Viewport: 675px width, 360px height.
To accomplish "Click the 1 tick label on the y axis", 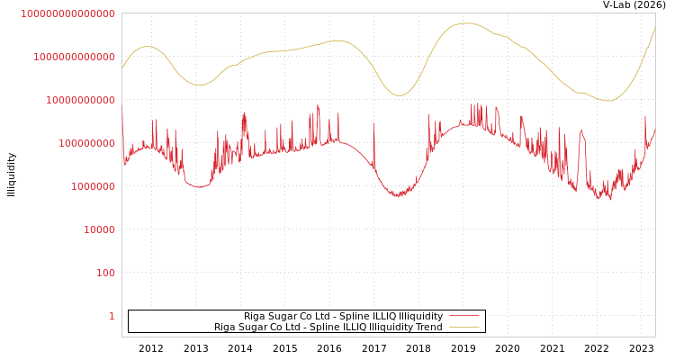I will [112, 316].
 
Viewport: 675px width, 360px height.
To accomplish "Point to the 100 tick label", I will [105, 273].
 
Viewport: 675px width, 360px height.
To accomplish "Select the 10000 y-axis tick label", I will [99, 229].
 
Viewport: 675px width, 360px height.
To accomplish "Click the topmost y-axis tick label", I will [67, 13].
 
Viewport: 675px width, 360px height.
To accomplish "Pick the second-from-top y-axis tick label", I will [74, 57].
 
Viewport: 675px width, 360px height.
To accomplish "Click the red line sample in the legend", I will [463, 316].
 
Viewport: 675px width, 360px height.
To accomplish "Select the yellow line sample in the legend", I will [463, 327].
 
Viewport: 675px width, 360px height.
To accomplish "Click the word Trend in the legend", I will [427, 327].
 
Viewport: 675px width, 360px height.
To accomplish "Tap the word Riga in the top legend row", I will [254, 316].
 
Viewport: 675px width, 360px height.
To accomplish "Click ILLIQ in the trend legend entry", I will [351, 327].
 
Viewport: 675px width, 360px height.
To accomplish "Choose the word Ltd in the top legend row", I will [315, 316].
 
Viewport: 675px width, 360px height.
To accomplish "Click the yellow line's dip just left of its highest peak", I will [400, 95].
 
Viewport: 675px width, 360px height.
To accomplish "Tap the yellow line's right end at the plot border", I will [654, 29].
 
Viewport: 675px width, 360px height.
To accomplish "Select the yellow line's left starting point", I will [122, 68].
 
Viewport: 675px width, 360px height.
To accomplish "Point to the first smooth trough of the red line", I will [199, 187].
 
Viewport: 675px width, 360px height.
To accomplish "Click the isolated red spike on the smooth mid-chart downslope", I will [373, 124].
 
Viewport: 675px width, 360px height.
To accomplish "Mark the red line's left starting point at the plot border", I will [122, 112].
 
